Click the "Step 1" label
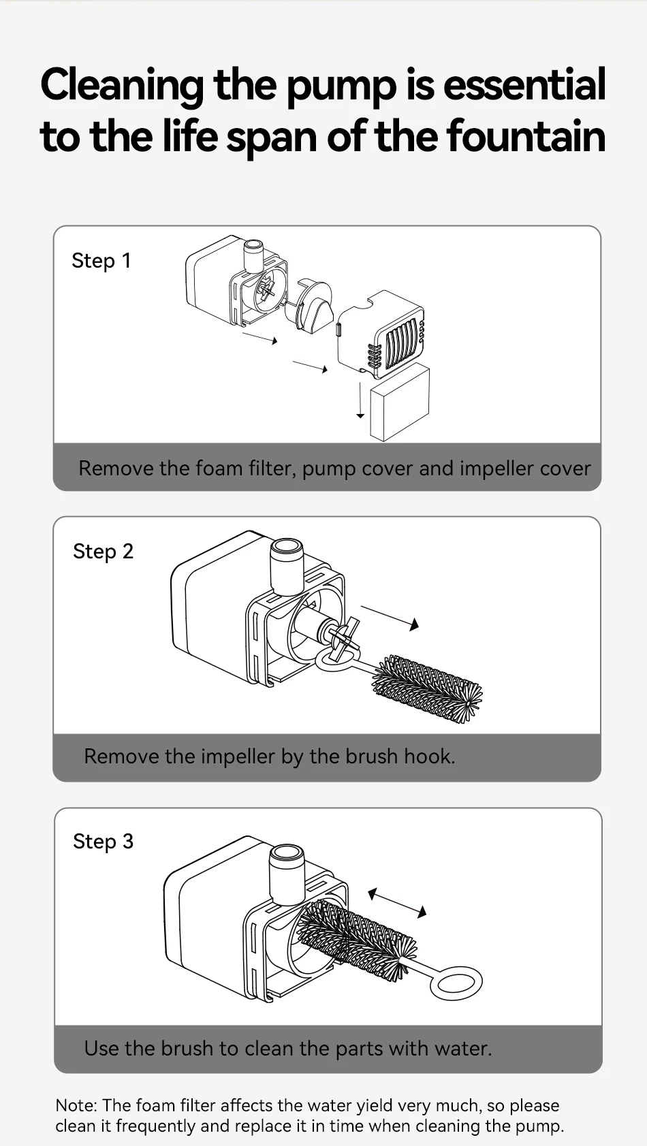(101, 261)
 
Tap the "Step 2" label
(103, 552)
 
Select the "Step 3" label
(103, 842)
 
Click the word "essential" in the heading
(524, 85)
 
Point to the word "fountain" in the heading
(526, 136)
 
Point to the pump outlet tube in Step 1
(253, 254)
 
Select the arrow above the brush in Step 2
(390, 616)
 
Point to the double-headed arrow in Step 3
(397, 902)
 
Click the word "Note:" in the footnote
(76, 1105)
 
